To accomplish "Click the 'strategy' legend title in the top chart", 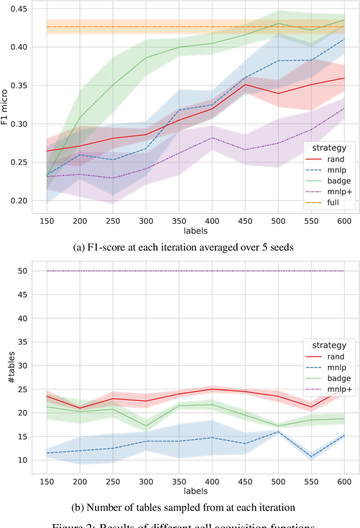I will pos(325,147).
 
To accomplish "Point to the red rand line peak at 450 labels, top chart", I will pos(245,84).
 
